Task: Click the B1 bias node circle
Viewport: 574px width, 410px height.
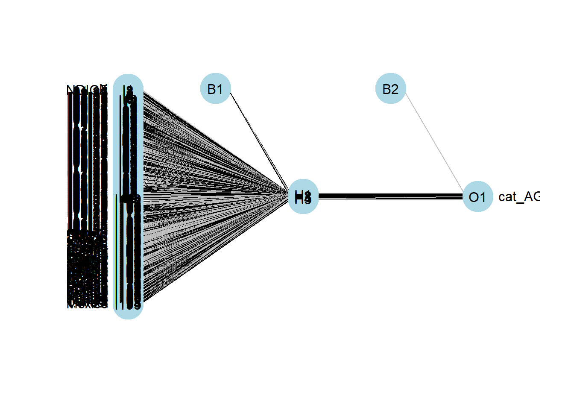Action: click(x=216, y=88)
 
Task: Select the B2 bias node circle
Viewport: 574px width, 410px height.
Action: click(x=390, y=88)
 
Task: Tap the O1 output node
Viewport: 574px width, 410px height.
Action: click(x=477, y=196)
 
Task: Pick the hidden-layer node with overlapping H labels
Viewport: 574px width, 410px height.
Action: click(x=303, y=196)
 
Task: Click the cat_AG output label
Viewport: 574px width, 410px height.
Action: click(x=518, y=196)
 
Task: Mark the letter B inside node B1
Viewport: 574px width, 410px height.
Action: click(x=211, y=89)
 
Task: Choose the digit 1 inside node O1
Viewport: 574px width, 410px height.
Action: click(x=483, y=197)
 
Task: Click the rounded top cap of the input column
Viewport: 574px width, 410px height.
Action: click(x=128, y=81)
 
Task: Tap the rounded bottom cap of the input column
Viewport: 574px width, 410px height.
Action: click(x=128, y=313)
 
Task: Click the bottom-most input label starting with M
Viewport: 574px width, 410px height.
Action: click(x=87, y=305)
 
